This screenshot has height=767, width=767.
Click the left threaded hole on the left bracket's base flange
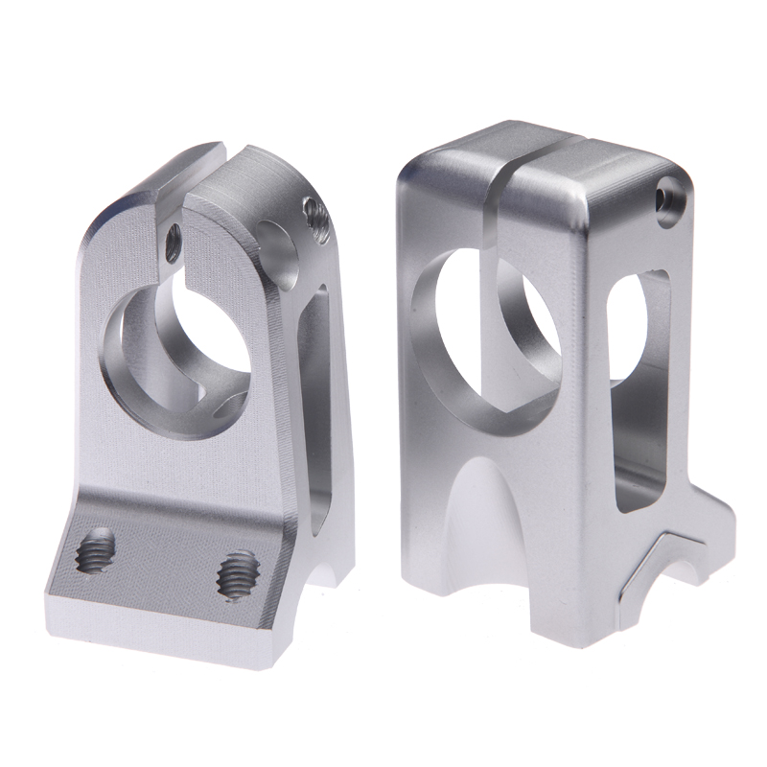95,552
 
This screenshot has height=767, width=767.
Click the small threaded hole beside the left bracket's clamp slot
173,242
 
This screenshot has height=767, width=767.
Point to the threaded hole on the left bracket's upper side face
316,222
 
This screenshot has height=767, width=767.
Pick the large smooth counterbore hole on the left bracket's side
277,252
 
